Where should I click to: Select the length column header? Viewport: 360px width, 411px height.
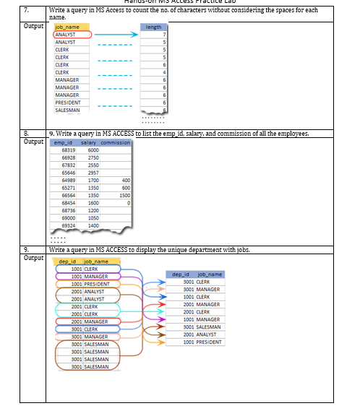coord(153,27)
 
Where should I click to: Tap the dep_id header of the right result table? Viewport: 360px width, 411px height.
coord(181,274)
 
